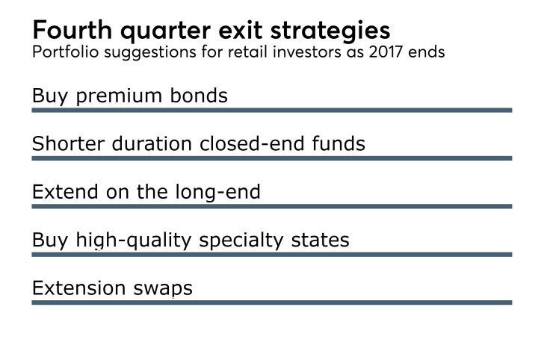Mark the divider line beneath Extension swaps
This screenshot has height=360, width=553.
point(271,302)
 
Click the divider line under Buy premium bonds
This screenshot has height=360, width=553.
point(271,110)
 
